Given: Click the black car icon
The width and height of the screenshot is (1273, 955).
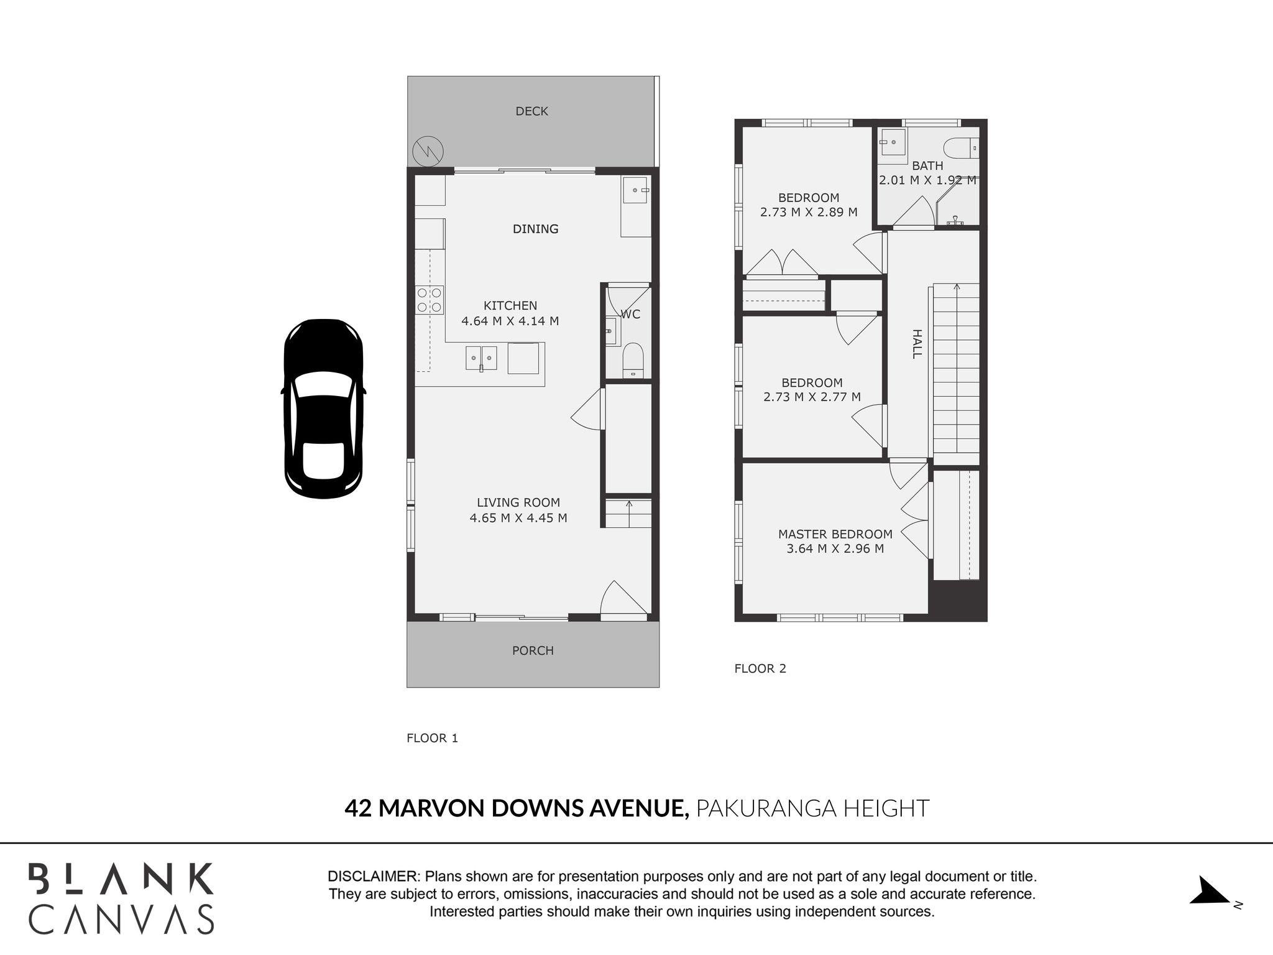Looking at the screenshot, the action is (x=323, y=408).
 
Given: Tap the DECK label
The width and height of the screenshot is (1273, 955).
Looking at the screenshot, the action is (x=532, y=111).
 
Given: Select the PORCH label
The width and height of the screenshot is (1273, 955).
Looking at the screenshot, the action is (x=533, y=650).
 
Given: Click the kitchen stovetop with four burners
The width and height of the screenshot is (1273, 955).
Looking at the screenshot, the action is (x=430, y=300).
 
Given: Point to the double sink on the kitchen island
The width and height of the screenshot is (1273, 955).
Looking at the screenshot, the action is (x=482, y=359).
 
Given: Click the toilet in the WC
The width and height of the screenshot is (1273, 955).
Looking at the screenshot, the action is (x=633, y=360).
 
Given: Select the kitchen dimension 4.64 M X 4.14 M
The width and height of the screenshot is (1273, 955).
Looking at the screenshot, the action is (x=510, y=321).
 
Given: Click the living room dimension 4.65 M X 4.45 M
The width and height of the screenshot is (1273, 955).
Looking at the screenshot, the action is (x=518, y=518).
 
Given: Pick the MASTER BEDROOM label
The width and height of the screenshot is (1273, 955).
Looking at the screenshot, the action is (x=835, y=534).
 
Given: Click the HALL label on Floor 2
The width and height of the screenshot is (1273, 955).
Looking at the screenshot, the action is (x=917, y=344).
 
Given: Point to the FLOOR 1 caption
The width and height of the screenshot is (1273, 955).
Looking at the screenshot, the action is (x=432, y=738).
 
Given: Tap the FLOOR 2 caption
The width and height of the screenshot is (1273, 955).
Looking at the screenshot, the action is (x=760, y=668).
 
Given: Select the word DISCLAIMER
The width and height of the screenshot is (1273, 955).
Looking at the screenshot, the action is (x=374, y=877).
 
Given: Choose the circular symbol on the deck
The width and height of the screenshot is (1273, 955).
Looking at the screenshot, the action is (x=428, y=151).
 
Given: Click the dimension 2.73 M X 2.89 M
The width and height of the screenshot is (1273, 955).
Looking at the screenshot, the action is (x=809, y=212).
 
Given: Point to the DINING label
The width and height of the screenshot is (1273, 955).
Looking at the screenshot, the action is (x=535, y=229).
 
